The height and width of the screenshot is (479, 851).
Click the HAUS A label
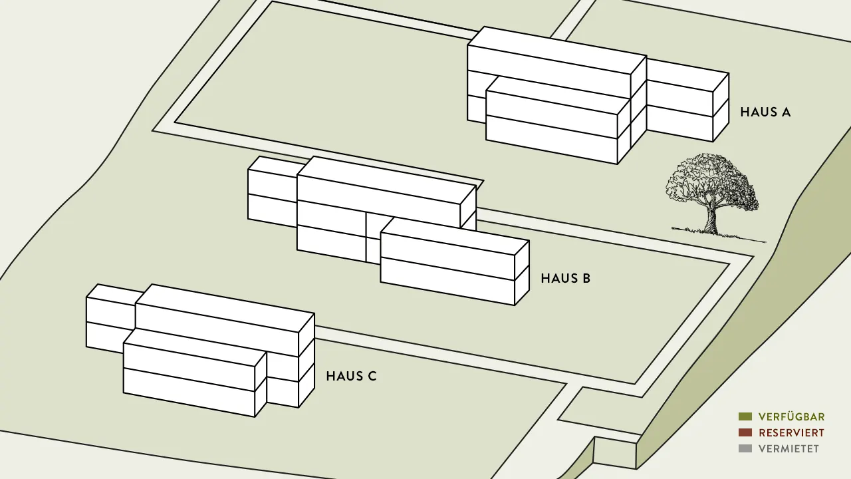765,112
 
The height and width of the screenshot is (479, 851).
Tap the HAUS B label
566,278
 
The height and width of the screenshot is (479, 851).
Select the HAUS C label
352,376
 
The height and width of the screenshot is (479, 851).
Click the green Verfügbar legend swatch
745,416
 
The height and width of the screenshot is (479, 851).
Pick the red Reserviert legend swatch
745,432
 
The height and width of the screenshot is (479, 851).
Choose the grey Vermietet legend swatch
745,448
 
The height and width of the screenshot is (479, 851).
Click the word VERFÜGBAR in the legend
792,416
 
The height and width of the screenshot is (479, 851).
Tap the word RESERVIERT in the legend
792,432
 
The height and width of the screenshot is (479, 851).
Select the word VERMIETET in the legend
789,448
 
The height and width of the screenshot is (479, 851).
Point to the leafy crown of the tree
711,180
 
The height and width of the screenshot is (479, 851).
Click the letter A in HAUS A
785,112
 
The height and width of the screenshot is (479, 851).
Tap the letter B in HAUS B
586,278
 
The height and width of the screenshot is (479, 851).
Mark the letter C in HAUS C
372,376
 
